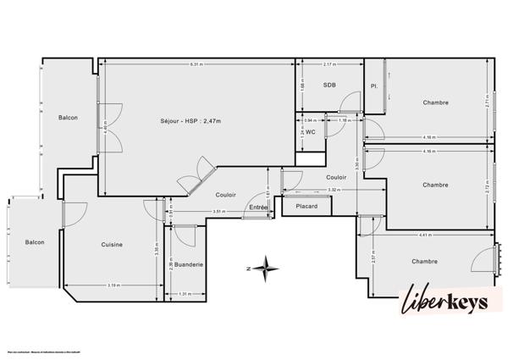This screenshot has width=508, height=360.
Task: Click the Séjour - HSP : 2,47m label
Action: point(190,121)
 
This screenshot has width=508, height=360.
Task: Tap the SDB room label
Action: point(329,86)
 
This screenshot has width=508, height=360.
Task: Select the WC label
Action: point(311,132)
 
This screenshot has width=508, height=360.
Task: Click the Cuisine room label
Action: point(112,245)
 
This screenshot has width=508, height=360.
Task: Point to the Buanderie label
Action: point(190,264)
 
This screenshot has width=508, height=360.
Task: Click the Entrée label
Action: point(257,208)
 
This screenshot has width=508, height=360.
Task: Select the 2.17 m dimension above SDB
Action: point(330,65)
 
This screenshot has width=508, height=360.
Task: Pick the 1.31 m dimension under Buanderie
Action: point(185,295)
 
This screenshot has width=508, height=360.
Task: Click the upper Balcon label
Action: point(68,118)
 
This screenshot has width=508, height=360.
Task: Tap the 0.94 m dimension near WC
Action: point(309,120)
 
